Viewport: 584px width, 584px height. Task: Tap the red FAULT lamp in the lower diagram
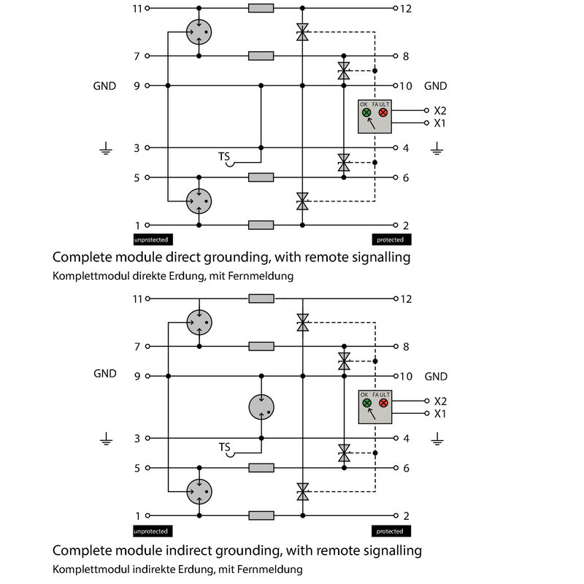(x=383, y=402)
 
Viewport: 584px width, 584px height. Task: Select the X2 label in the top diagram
(x=440, y=110)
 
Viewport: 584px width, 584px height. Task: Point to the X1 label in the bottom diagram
(x=440, y=413)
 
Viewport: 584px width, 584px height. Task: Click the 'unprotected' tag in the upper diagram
(x=153, y=239)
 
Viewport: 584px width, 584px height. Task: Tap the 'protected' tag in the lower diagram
(x=391, y=531)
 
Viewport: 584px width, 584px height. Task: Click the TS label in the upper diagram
(x=224, y=157)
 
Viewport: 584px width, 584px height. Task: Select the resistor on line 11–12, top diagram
(x=261, y=9)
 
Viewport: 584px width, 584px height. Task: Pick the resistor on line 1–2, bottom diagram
(x=261, y=515)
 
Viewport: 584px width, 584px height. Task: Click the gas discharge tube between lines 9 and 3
(x=261, y=407)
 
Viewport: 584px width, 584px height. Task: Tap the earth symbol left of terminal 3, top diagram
(x=106, y=150)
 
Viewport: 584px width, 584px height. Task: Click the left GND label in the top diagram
(x=104, y=86)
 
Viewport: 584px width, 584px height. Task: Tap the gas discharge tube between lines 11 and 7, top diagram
(x=199, y=31)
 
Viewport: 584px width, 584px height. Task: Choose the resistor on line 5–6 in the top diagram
(x=261, y=177)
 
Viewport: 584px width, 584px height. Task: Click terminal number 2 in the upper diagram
(x=406, y=225)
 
